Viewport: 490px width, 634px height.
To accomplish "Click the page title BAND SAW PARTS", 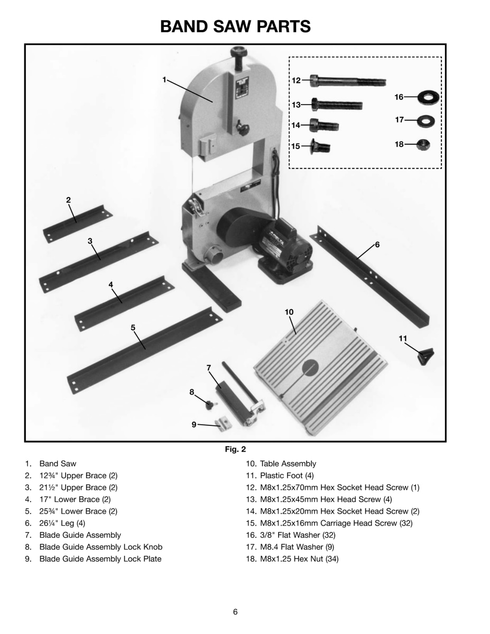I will click(x=235, y=26).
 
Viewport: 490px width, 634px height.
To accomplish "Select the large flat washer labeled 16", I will click(x=429, y=97).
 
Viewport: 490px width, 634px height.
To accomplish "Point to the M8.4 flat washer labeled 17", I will click(x=424, y=121).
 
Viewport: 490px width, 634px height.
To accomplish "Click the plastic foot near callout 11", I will click(x=426, y=356).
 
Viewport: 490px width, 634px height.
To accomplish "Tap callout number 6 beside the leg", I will click(x=377, y=245).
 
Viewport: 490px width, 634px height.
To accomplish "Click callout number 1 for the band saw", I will click(x=164, y=79).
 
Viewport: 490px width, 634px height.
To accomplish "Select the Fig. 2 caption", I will click(x=235, y=450).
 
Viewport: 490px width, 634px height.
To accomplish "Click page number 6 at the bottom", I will click(x=235, y=612).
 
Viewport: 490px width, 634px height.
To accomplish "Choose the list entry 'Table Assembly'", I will click(x=288, y=464).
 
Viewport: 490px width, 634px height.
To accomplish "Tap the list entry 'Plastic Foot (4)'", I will click(x=286, y=475).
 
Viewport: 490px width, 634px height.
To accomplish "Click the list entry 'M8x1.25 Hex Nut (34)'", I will click(x=299, y=559).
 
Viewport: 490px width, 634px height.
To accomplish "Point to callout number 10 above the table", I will click(x=289, y=312).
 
